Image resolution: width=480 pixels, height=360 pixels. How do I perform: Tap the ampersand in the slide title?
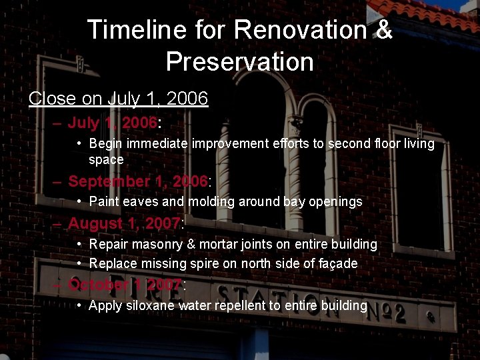pos(385,30)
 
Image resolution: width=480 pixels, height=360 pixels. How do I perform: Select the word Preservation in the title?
pos(239,62)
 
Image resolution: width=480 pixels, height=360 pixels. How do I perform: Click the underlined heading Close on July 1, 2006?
pos(119,99)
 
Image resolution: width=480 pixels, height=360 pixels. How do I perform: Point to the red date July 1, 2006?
pos(113,123)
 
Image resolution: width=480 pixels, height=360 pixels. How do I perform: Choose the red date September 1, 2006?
pos(138,181)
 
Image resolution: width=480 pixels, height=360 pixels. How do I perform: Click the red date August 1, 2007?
pos(124,223)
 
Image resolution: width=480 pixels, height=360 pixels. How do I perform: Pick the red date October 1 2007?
pos(125,285)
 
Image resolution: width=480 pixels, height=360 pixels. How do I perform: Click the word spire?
pos(203,264)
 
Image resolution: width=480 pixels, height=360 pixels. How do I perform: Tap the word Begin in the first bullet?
pos(105,143)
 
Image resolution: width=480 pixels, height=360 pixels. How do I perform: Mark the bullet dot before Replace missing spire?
pos(79,263)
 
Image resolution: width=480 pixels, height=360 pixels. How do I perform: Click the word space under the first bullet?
pos(106,160)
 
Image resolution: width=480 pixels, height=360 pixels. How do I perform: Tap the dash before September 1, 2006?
pos(57,181)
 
